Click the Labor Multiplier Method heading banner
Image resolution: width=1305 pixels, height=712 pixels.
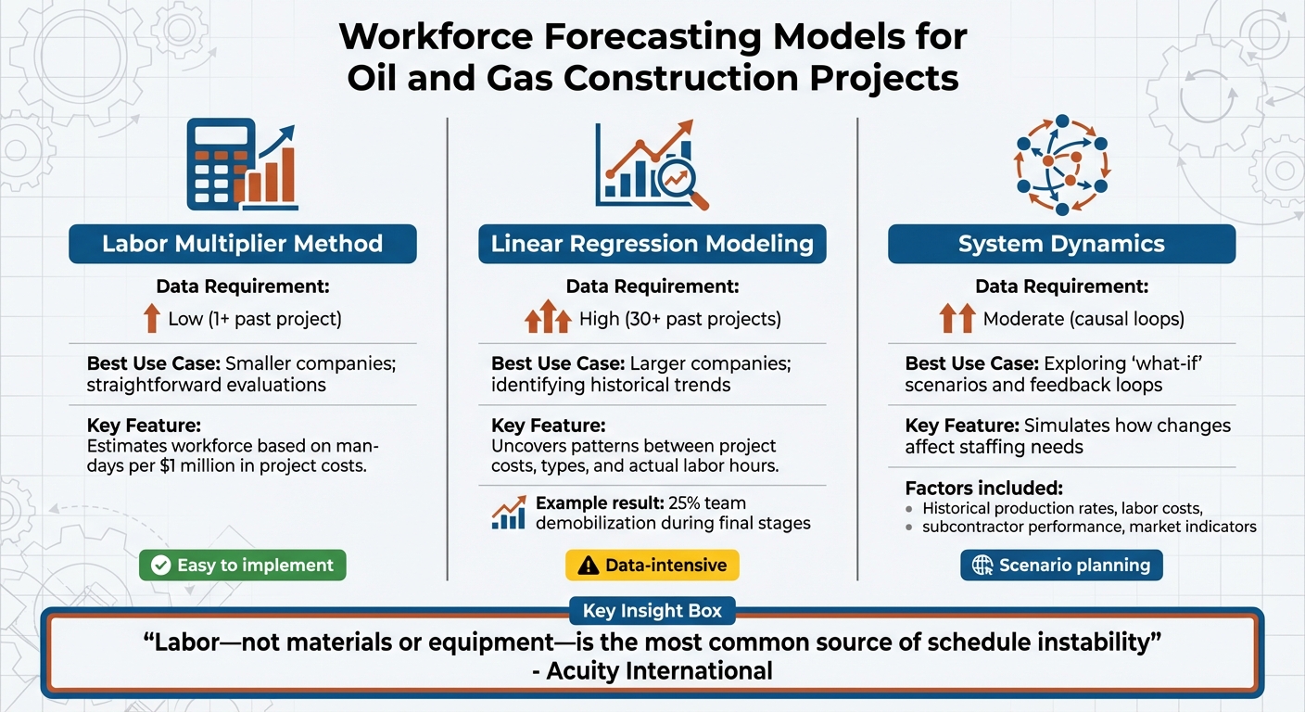tap(242, 244)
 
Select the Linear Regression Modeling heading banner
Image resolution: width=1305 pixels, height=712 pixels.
tap(652, 244)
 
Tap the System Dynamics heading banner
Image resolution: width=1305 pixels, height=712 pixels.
tap(1061, 244)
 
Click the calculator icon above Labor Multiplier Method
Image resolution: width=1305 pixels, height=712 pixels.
tap(221, 162)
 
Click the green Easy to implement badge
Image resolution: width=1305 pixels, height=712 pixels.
tap(242, 565)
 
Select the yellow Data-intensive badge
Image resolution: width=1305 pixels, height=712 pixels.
tap(652, 565)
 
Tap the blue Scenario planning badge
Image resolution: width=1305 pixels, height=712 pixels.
tap(1061, 565)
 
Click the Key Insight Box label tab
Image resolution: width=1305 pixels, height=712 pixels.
tap(652, 611)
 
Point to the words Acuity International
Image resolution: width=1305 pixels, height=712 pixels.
tap(660, 671)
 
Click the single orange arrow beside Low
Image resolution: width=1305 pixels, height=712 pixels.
tap(152, 319)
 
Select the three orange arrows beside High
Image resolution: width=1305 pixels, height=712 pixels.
tap(547, 318)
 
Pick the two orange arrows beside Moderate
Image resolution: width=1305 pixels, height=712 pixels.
tap(957, 319)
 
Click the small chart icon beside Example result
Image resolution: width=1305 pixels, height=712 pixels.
tap(509, 513)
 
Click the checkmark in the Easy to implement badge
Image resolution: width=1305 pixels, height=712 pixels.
tap(161, 566)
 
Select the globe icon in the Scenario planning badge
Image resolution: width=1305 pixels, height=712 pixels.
tap(982, 566)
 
